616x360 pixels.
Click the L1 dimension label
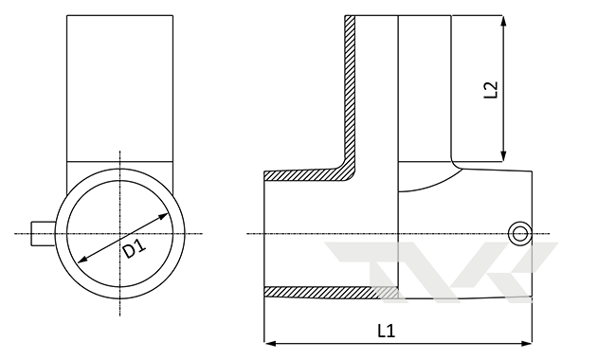coord(386,331)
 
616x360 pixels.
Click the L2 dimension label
coord(491,89)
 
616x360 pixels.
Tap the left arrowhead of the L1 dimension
coord(269,344)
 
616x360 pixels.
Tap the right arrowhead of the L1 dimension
coord(527,344)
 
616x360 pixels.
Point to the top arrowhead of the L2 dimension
coord(503,21)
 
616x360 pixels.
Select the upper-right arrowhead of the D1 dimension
coord(163,216)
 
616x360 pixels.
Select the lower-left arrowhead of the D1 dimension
coord(82,260)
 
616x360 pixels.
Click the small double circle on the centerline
coord(520,234)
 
